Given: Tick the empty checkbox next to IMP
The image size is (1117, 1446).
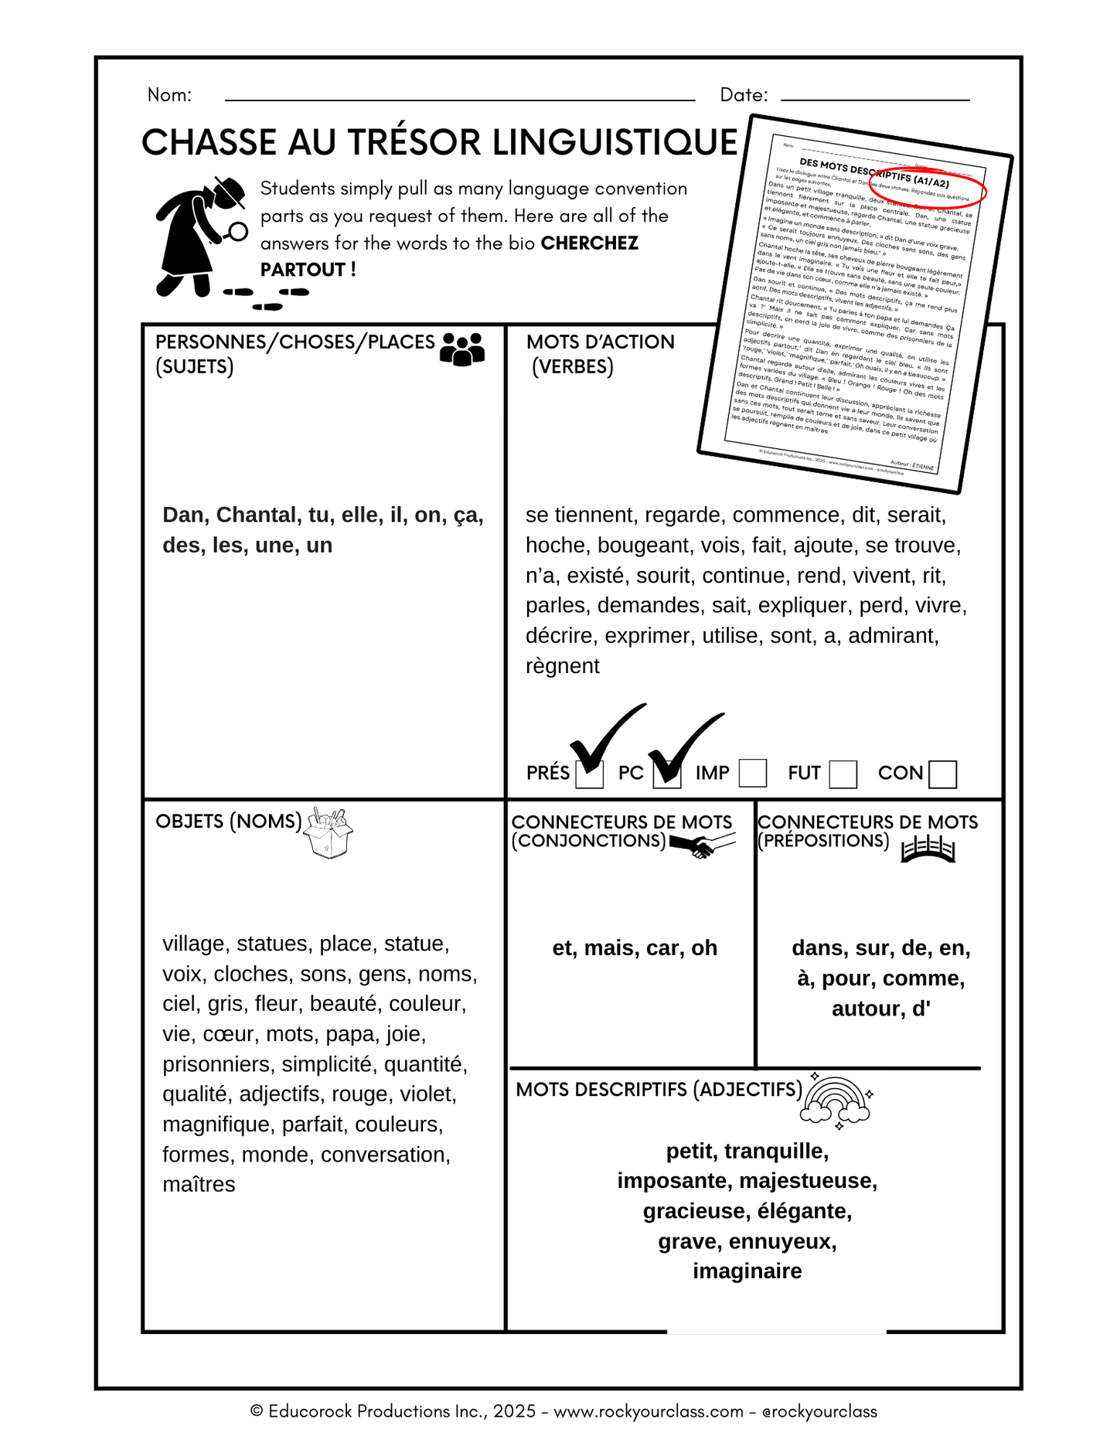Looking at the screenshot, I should pos(752,773).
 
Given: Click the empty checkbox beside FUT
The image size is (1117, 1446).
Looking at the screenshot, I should pos(843,774).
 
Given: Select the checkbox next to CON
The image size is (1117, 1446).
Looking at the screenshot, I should pos(942,774).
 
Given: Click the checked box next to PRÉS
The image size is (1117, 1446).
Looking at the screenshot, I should pos(590,774).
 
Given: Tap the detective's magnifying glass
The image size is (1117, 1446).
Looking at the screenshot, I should pos(237,231).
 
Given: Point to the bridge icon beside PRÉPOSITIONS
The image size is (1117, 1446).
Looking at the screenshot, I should pos(928,848).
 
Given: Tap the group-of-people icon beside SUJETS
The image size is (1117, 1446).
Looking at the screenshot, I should pos(461,349).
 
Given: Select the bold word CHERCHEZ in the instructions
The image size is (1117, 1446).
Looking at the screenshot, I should pos(589,243).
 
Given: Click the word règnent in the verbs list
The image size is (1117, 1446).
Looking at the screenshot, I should pos(562,665).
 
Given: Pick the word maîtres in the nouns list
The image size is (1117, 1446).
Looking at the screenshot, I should pos(199,1184).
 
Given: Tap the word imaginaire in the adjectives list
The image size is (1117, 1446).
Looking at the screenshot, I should pos(747,1271).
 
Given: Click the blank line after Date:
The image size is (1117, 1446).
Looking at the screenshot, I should pos(875,99).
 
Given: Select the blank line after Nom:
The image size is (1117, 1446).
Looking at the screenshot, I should pos(459,99).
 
